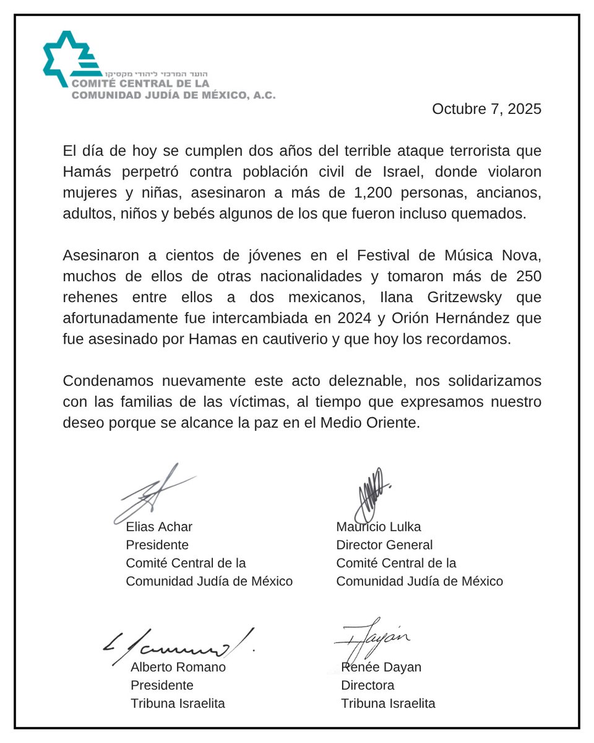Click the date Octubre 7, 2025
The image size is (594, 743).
tap(486, 109)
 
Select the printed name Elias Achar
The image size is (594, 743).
tap(159, 527)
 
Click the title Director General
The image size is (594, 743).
tap(384, 545)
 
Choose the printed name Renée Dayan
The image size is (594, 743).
tap(381, 667)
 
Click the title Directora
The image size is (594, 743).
tap(368, 685)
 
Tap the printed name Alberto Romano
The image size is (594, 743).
tap(178, 667)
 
